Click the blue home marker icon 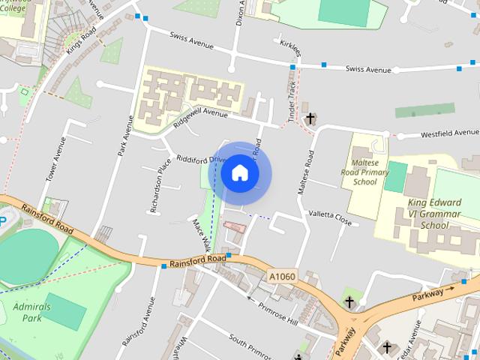pyautogui.click(x=240, y=173)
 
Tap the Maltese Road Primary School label pyautogui.click(x=365, y=172)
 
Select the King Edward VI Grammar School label pyautogui.click(x=434, y=213)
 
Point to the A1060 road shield pyautogui.click(x=283, y=277)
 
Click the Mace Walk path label pyautogui.click(x=202, y=234)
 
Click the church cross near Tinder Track pyautogui.click(x=310, y=118)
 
